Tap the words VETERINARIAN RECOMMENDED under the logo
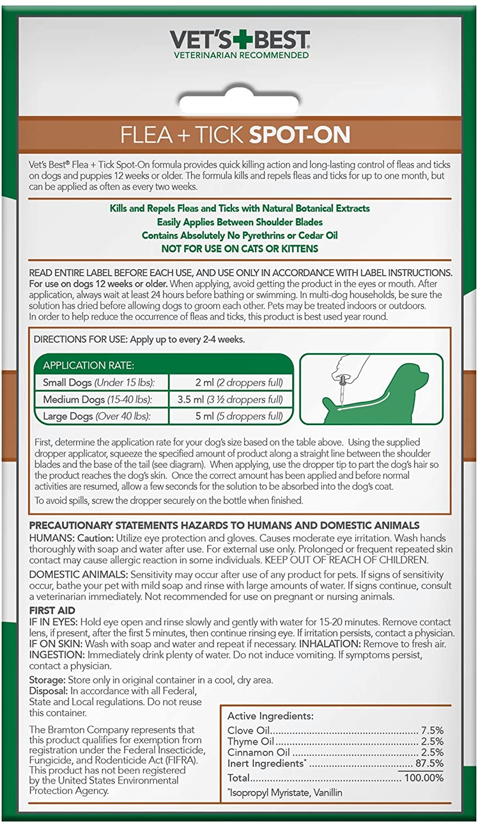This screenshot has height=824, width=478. (x=241, y=55)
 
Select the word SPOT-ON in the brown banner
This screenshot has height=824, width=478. (x=299, y=135)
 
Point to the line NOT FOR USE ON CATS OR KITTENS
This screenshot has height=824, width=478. (x=240, y=248)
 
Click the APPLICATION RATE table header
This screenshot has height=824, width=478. (x=88, y=365)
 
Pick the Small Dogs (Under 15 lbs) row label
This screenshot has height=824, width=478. (x=99, y=382)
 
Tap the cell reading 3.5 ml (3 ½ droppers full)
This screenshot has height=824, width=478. (x=230, y=399)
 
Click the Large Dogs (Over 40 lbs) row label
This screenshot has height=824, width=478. (x=97, y=416)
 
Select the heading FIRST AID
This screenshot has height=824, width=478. (x=52, y=610)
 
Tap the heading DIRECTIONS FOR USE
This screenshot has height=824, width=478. (x=80, y=339)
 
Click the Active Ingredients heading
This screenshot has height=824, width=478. (x=270, y=716)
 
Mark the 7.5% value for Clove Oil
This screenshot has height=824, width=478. (x=432, y=730)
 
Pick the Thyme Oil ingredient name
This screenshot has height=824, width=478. (x=251, y=741)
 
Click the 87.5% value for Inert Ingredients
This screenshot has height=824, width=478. (x=430, y=763)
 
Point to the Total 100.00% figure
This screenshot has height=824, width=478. (x=424, y=777)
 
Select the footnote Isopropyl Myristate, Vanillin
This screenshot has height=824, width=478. (x=286, y=792)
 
